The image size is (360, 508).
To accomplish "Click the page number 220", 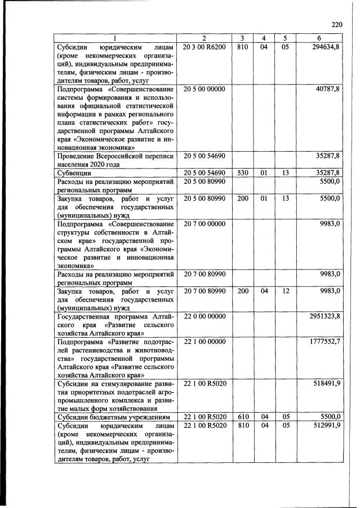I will (x=337, y=25).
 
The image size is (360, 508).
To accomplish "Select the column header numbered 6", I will (x=320, y=38).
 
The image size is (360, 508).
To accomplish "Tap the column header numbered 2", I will (x=205, y=38).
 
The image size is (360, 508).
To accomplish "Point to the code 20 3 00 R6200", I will (x=205, y=46).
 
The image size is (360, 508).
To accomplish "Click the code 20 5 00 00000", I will (x=205, y=89).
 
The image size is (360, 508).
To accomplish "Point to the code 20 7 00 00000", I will (x=205, y=224).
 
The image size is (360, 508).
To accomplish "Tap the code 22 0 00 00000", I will (x=205, y=317).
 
